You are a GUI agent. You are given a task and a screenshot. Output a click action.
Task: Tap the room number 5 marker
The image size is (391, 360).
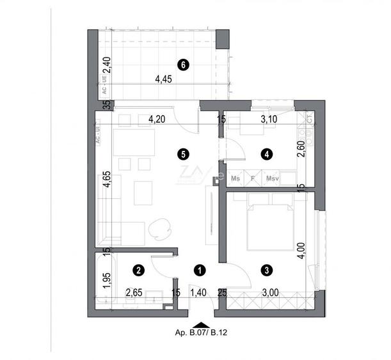pyautogui.click(x=184, y=153)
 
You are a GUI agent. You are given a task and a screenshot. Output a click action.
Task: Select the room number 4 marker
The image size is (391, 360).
pyautogui.click(x=266, y=153)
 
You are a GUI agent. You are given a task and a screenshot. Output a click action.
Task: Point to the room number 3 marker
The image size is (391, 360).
pyautogui.click(x=266, y=270)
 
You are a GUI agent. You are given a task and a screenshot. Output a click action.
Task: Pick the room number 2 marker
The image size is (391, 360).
pyautogui.click(x=140, y=270)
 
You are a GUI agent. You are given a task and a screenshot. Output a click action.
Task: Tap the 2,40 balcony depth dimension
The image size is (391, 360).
pyautogui.click(x=107, y=66)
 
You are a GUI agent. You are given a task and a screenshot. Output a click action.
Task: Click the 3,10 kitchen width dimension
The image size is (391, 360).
pyautogui.click(x=266, y=118)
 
